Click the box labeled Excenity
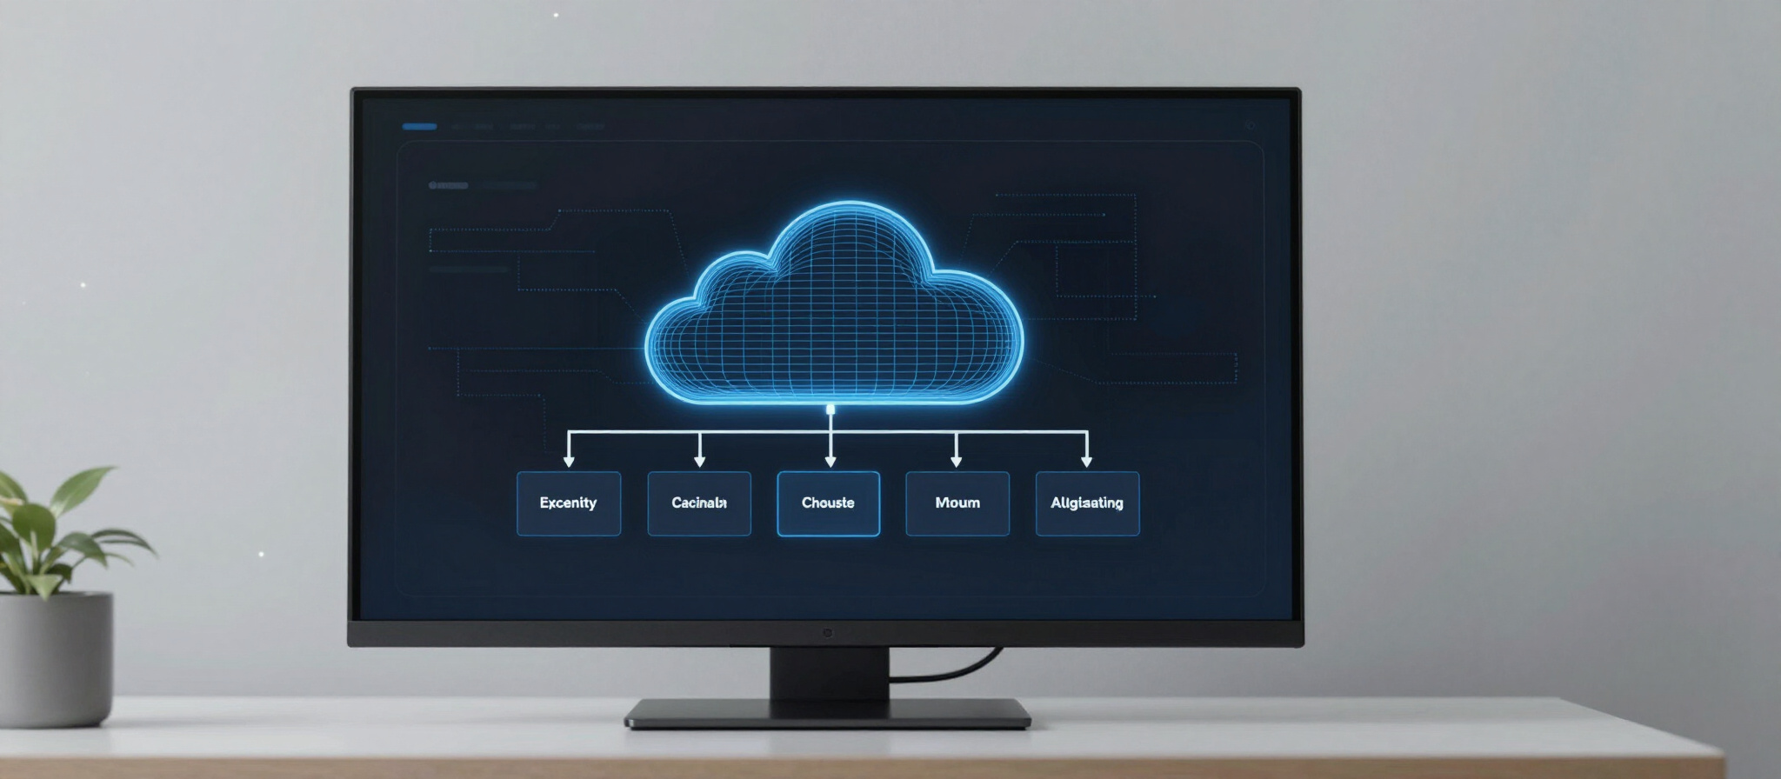pyautogui.click(x=569, y=503)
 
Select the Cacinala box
pyautogui.click(x=699, y=503)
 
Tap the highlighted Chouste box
pyautogui.click(x=828, y=503)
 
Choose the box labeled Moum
pyautogui.click(x=957, y=503)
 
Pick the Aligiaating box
pyautogui.click(x=1087, y=503)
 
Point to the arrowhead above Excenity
pyautogui.click(x=569, y=461)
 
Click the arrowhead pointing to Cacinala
pyautogui.click(x=700, y=461)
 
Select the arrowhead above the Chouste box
pyautogui.click(x=830, y=461)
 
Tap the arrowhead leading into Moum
pyautogui.click(x=957, y=461)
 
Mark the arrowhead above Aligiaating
pyautogui.click(x=1086, y=461)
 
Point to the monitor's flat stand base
pyautogui.click(x=827, y=714)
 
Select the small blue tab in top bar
pyautogui.click(x=419, y=127)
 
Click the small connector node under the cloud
pyautogui.click(x=830, y=409)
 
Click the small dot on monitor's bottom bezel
pyautogui.click(x=827, y=633)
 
